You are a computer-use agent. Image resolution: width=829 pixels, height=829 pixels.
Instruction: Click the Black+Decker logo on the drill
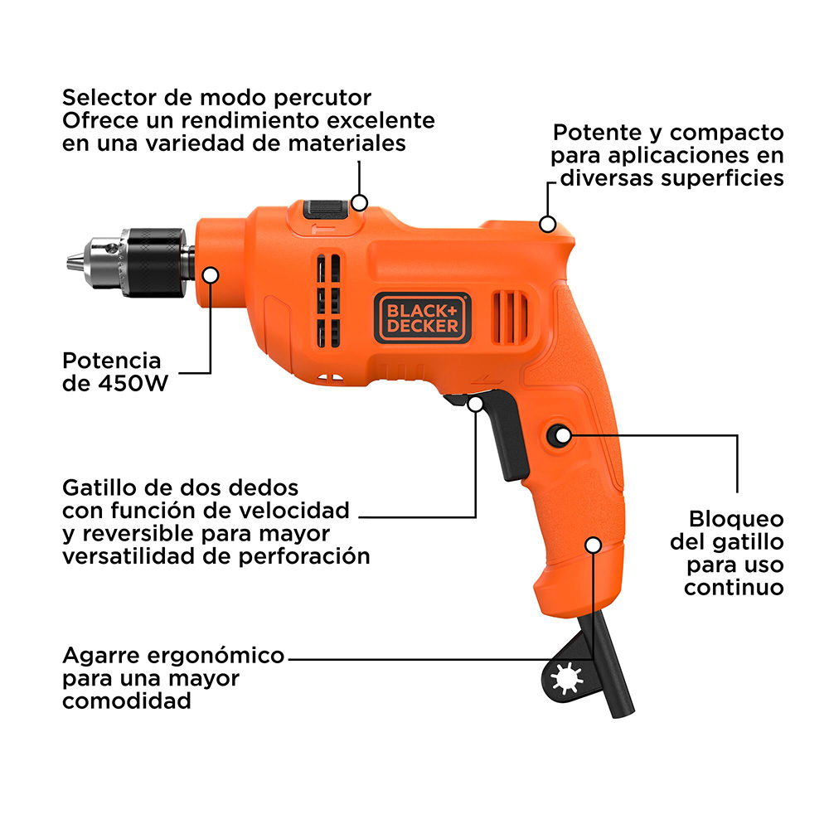pos(423,318)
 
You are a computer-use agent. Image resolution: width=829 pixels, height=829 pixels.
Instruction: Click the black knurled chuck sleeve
pos(153,262)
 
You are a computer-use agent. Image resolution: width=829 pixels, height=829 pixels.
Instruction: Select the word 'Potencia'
pos(112,361)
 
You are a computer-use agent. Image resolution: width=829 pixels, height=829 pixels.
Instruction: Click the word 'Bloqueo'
pos(736,519)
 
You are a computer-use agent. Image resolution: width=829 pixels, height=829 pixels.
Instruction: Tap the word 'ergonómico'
pos(216,656)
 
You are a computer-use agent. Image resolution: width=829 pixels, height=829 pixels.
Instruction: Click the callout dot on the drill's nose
pos(211,275)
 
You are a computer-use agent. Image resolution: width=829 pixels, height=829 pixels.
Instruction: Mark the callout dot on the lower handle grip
pos(594,545)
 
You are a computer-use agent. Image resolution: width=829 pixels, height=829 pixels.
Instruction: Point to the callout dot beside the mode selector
pos(360,202)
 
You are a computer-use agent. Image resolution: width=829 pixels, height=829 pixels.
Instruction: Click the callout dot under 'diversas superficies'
pos(548,224)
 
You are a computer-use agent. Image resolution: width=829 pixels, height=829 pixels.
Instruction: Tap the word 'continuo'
pos(734,588)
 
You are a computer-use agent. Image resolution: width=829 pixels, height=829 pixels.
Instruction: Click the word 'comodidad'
pos(127,701)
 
